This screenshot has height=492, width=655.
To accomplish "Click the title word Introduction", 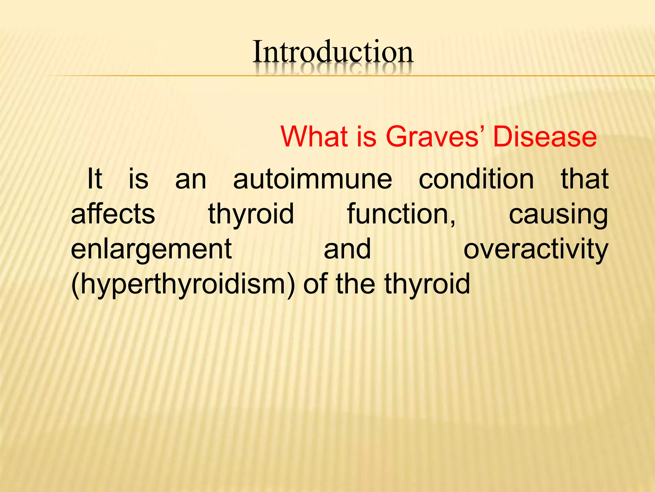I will click(333, 52).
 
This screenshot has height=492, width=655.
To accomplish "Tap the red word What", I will click(314, 137).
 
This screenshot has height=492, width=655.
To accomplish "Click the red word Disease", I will click(545, 137).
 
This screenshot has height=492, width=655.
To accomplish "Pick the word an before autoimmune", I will click(191, 179).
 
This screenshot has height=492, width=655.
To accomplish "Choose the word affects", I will click(113, 214).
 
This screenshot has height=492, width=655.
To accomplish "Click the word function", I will click(401, 214).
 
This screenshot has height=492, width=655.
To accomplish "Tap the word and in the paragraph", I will click(347, 249).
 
